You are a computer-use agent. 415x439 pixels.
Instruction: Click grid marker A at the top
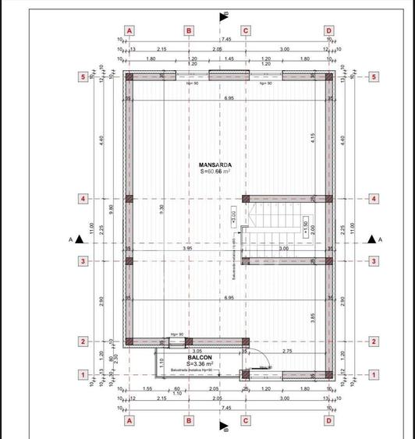point(129,30)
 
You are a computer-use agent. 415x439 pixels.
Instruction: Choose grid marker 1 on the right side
point(374,375)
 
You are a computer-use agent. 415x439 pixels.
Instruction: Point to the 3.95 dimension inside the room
point(187,248)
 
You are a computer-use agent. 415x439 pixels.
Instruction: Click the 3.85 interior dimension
point(311,317)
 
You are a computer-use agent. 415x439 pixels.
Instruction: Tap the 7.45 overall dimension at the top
point(225,39)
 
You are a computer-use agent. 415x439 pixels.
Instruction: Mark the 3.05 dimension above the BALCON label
point(197,351)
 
